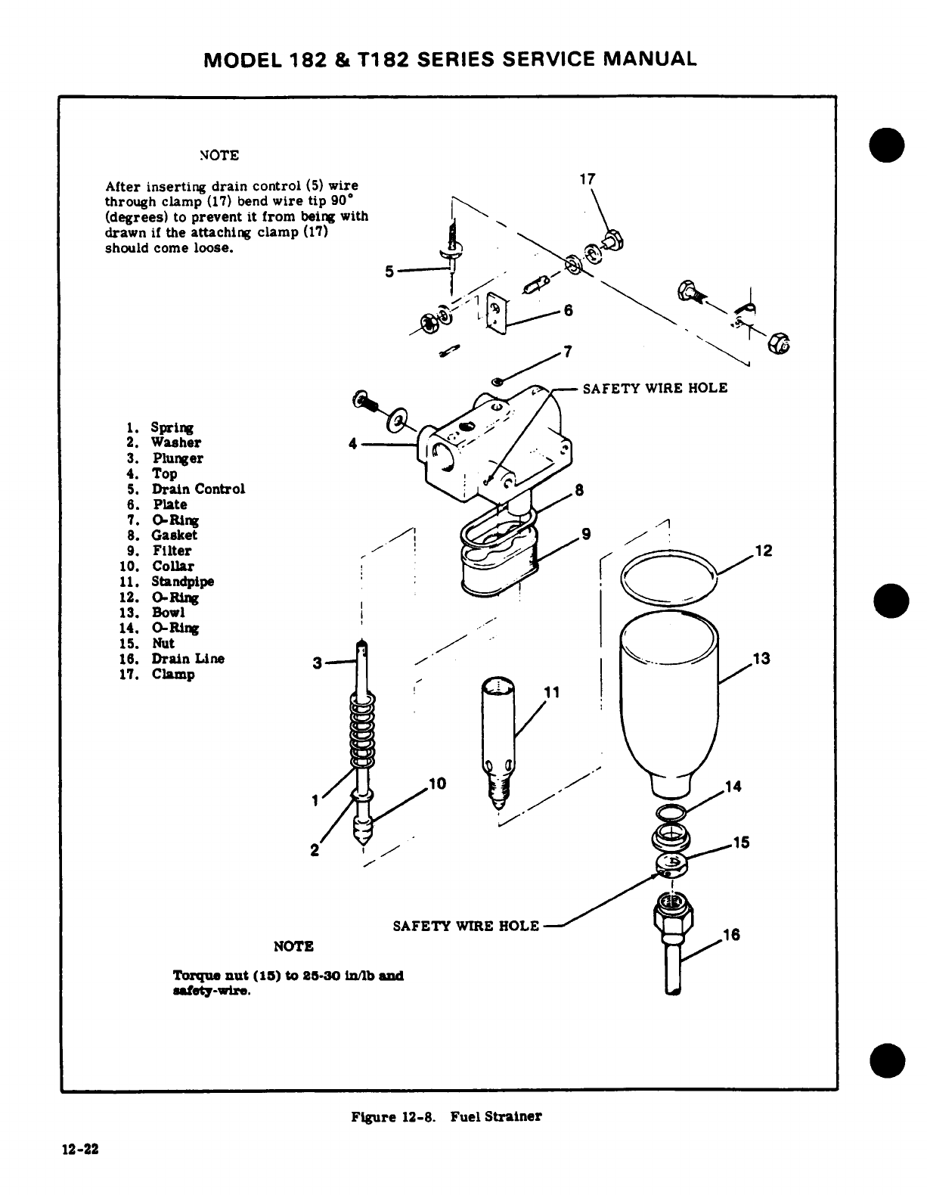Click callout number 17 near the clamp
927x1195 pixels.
tap(587, 179)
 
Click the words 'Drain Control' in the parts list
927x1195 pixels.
tap(198, 489)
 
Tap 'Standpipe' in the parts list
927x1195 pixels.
tap(182, 582)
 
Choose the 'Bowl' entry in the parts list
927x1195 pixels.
tap(168, 613)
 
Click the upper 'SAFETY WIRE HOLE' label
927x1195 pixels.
tap(654, 388)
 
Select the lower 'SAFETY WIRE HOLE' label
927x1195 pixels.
tap(467, 926)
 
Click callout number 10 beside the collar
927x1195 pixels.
tap(438, 784)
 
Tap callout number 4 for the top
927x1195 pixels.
tap(352, 444)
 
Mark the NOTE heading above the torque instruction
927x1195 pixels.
tap(293, 946)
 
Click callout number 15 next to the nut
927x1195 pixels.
tap(741, 843)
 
